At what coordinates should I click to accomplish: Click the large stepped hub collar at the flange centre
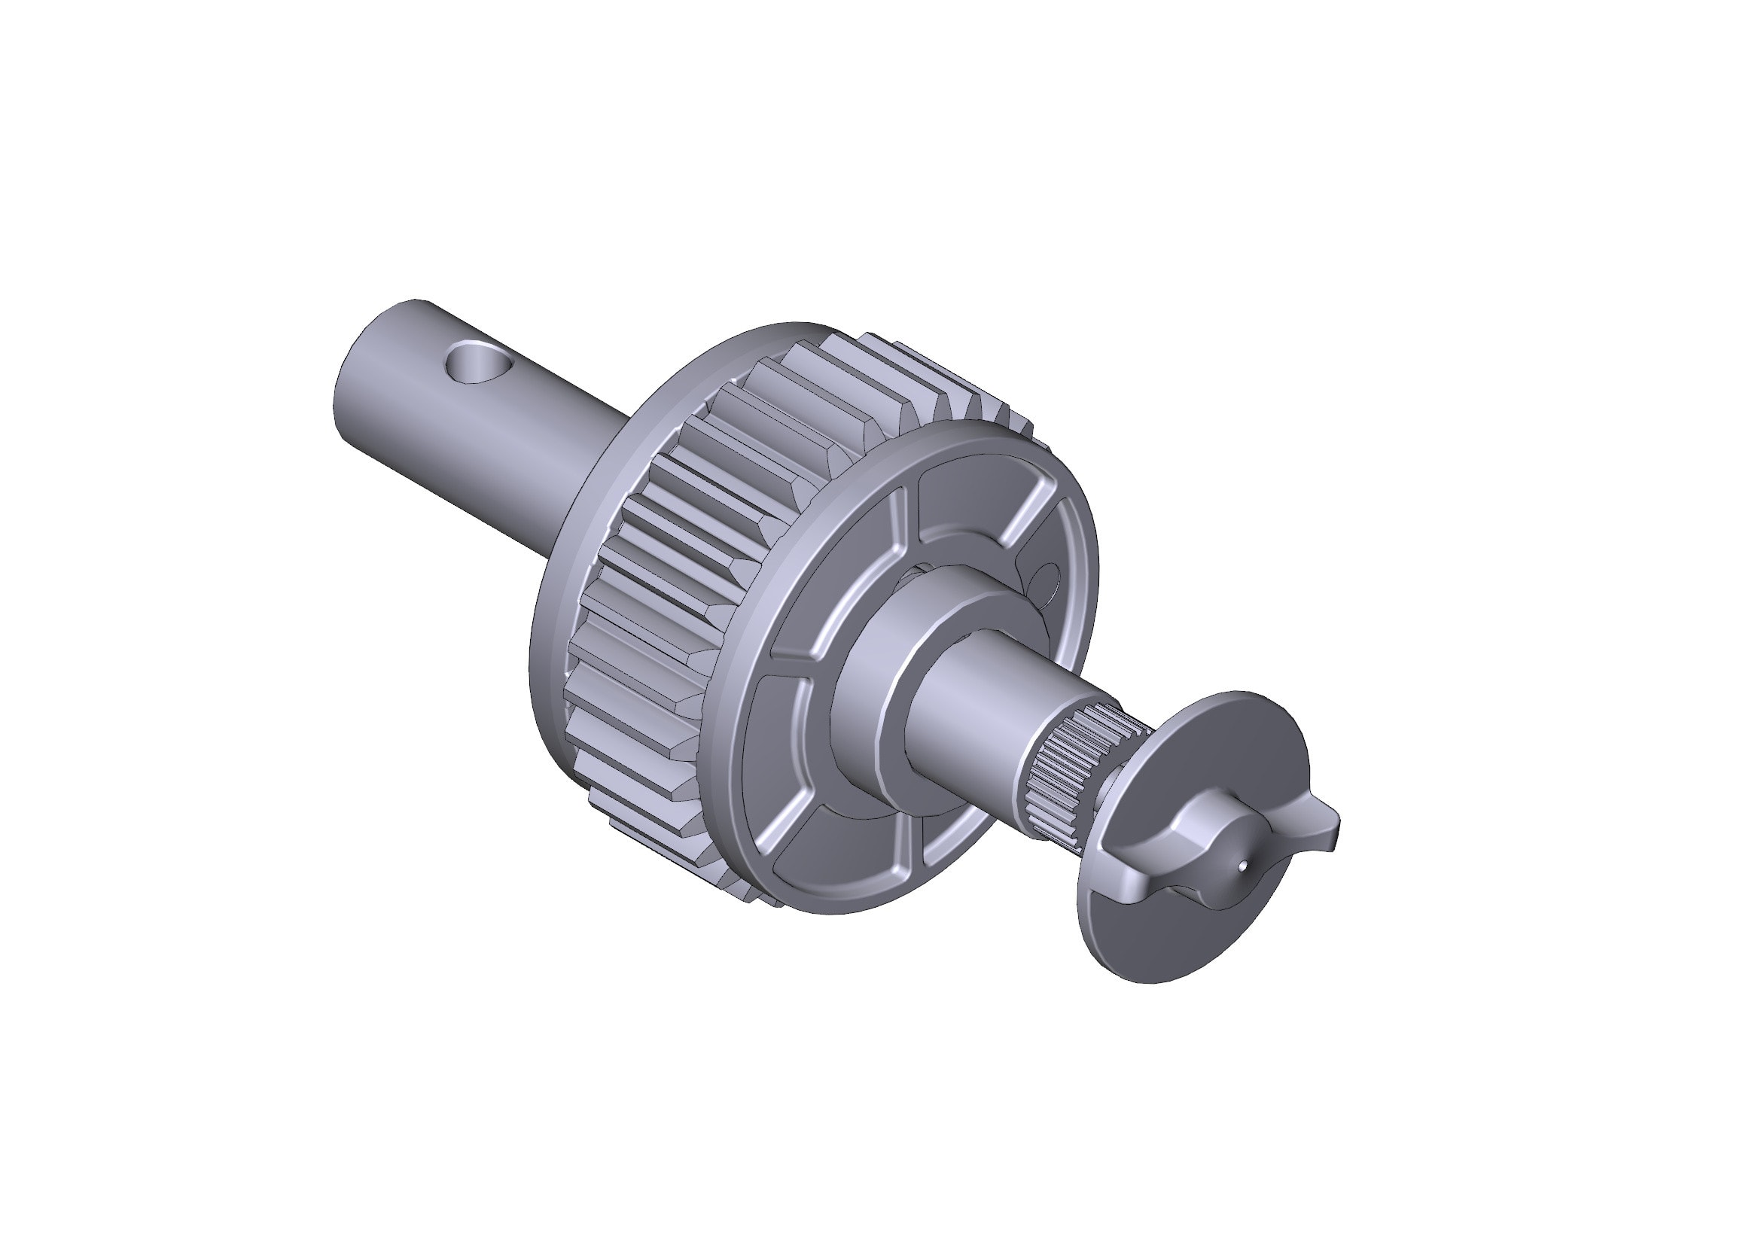[x=874, y=674]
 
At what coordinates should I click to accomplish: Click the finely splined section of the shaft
[x=1062, y=775]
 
